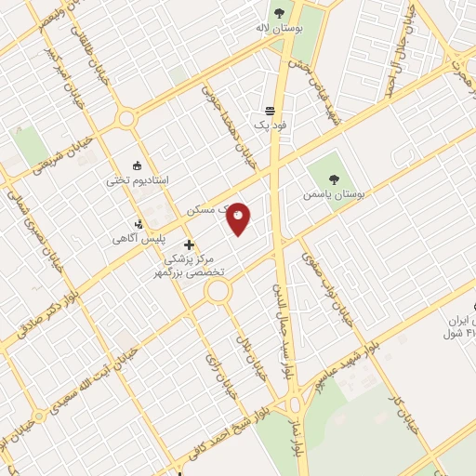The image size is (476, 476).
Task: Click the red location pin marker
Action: click(238, 218)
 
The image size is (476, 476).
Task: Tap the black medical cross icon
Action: click(190, 245)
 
